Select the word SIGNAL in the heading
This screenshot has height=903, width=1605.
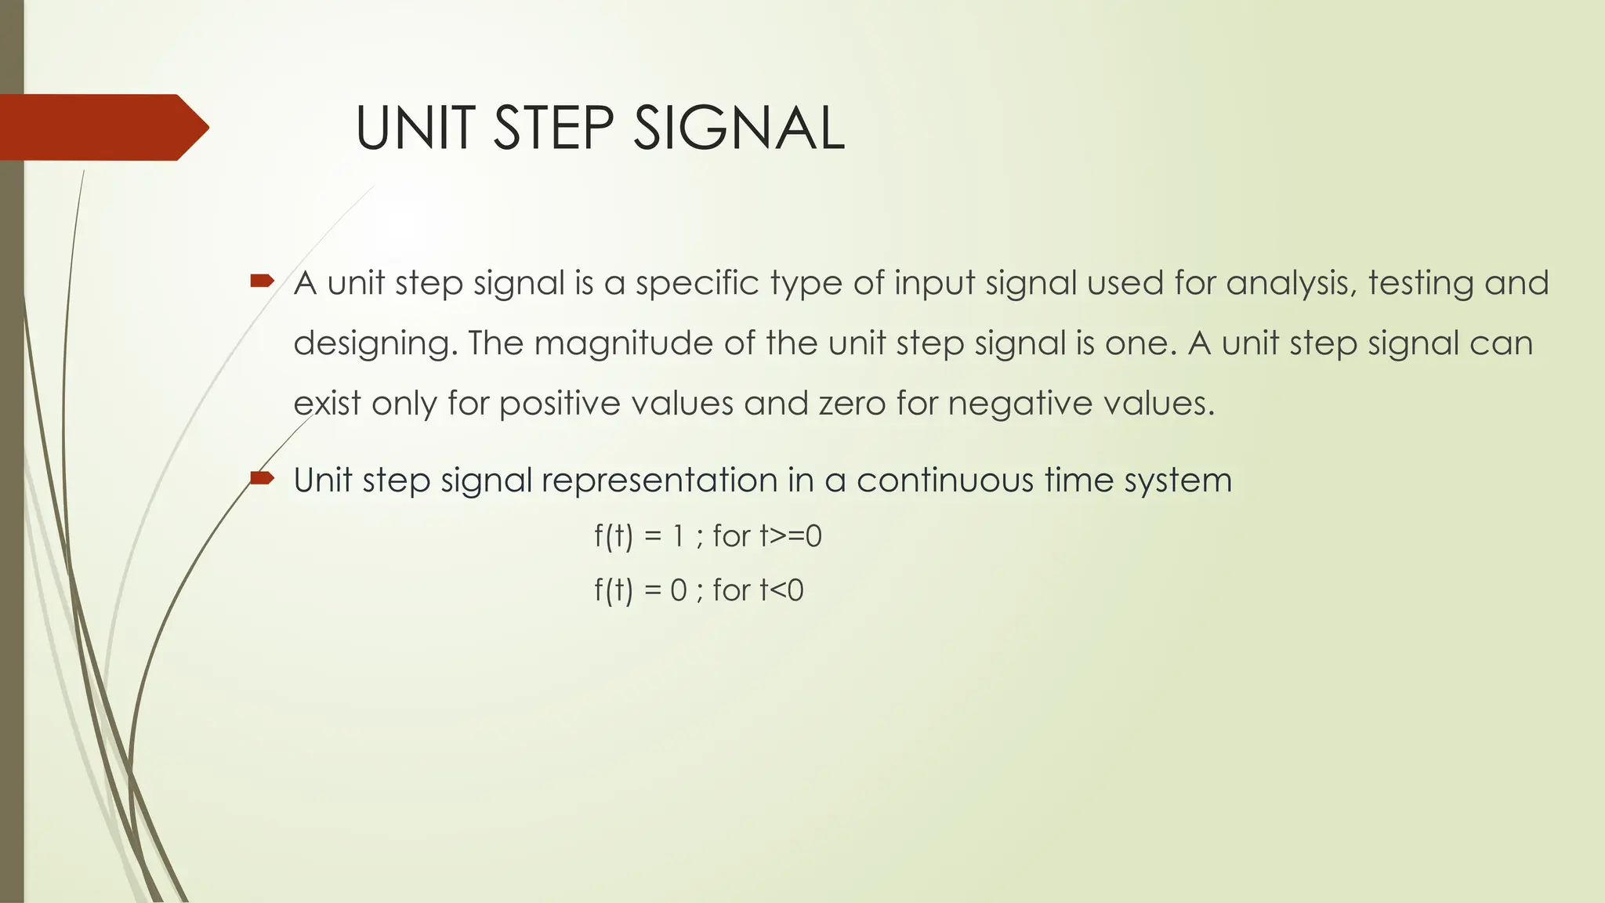click(x=738, y=129)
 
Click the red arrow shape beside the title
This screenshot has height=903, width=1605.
click(x=102, y=127)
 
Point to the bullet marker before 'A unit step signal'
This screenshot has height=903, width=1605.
click(x=262, y=280)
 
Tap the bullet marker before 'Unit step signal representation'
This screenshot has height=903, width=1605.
click(x=262, y=477)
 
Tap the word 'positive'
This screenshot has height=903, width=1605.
click(x=560, y=404)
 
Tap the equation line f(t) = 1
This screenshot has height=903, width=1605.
click(x=708, y=537)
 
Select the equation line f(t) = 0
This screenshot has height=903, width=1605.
click(x=699, y=590)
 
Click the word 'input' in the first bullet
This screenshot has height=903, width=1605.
click(x=934, y=284)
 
